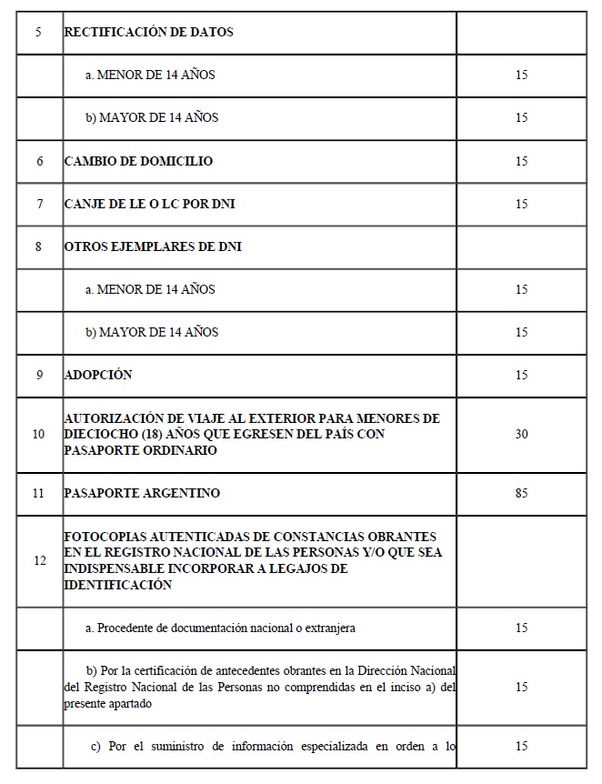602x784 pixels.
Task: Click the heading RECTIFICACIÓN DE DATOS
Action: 148,32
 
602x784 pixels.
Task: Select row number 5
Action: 39,32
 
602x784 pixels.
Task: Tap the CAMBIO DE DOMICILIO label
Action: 138,161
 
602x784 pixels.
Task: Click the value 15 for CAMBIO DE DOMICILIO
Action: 521,161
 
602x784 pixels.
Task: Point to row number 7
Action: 39,204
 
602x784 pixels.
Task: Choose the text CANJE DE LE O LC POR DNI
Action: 149,204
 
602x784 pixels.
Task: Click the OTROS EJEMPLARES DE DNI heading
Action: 153,246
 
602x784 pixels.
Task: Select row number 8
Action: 39,246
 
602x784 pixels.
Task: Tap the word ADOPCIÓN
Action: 98,375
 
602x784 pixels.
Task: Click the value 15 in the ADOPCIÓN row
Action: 521,375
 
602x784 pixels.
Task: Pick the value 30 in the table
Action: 521,434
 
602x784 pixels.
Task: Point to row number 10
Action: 39,434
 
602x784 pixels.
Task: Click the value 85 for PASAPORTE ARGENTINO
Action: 521,493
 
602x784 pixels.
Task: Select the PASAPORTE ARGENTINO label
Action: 142,493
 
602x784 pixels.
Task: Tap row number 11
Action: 39,493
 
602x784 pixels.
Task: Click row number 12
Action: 39,560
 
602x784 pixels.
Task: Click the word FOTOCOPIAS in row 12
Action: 103,537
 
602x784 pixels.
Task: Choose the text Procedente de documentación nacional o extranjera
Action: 226,628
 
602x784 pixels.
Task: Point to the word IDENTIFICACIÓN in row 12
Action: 117,585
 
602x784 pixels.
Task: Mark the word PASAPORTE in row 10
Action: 98,450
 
